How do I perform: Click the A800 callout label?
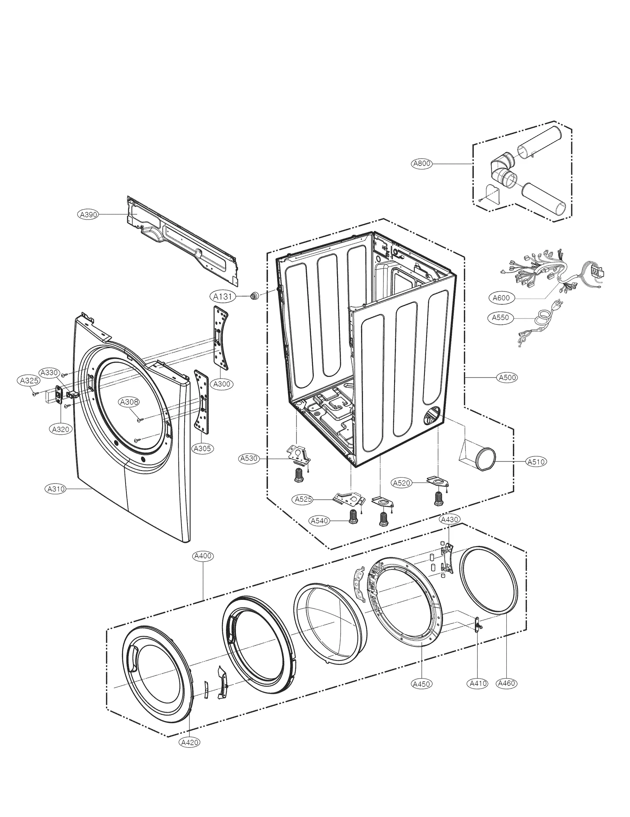click(x=421, y=163)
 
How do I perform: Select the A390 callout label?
click(x=88, y=214)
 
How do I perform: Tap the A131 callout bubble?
click(x=222, y=296)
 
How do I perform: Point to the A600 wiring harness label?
click(x=501, y=298)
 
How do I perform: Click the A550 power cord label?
click(x=500, y=317)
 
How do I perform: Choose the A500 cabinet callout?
click(x=508, y=377)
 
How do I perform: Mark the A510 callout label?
click(x=536, y=461)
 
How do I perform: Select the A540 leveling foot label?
click(x=319, y=521)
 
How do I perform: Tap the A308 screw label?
click(x=129, y=402)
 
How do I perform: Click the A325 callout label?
click(x=29, y=380)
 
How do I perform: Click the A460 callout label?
click(x=506, y=683)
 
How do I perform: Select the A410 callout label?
click(x=478, y=683)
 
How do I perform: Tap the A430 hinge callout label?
click(x=449, y=519)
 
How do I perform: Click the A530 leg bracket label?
click(x=249, y=458)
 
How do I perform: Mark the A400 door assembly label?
click(x=203, y=556)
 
